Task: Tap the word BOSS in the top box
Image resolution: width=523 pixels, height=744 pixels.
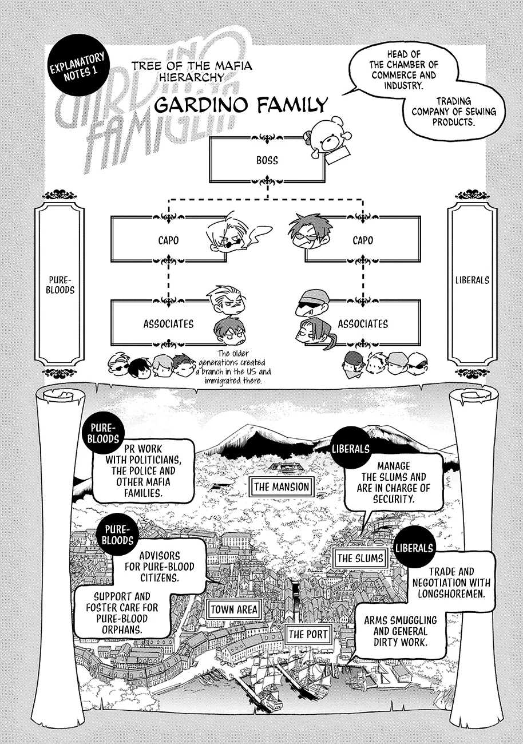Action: (x=267, y=161)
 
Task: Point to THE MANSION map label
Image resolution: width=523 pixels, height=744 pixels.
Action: (x=281, y=487)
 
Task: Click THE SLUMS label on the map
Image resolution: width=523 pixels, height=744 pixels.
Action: (x=360, y=558)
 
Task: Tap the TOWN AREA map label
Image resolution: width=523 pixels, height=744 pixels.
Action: (x=234, y=610)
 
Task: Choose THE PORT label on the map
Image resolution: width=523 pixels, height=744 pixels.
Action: (x=308, y=634)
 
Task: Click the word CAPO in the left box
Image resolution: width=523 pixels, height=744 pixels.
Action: (x=168, y=240)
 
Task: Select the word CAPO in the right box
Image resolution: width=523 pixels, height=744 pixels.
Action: (x=363, y=240)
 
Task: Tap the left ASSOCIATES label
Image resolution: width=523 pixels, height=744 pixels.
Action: (x=168, y=324)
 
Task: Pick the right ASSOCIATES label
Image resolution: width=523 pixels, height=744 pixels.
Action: (x=363, y=324)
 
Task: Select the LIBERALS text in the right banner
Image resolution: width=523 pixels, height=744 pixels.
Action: (x=472, y=280)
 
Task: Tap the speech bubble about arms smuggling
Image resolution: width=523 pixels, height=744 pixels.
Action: (x=400, y=631)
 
